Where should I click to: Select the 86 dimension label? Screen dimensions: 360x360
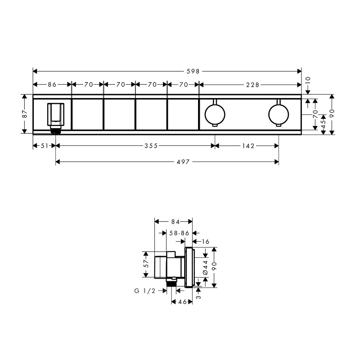52,84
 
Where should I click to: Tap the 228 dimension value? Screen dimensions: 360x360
250,84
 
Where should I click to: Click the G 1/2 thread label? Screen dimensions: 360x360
144,291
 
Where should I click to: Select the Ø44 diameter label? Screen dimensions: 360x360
205,268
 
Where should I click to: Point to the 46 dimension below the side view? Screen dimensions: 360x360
183,302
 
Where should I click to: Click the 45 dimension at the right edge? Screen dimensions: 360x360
323,124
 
